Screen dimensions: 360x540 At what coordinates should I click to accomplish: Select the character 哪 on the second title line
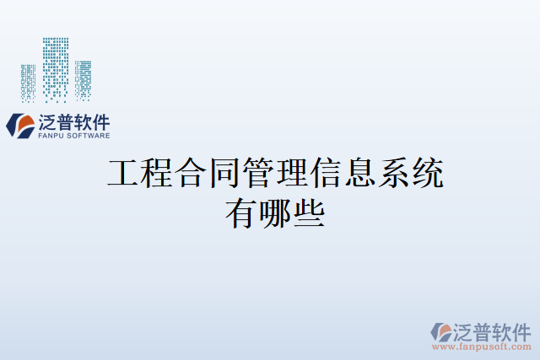click(275, 212)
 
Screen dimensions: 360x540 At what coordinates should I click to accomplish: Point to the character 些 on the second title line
click(310, 212)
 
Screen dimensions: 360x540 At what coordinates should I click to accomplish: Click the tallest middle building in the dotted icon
click(57, 66)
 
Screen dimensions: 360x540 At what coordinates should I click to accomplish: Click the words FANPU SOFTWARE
click(74, 135)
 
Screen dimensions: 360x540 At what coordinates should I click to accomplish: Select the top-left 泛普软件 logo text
click(74, 121)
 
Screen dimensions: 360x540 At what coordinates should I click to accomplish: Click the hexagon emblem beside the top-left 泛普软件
click(20, 126)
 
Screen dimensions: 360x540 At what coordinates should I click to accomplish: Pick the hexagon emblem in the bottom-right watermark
click(440, 330)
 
